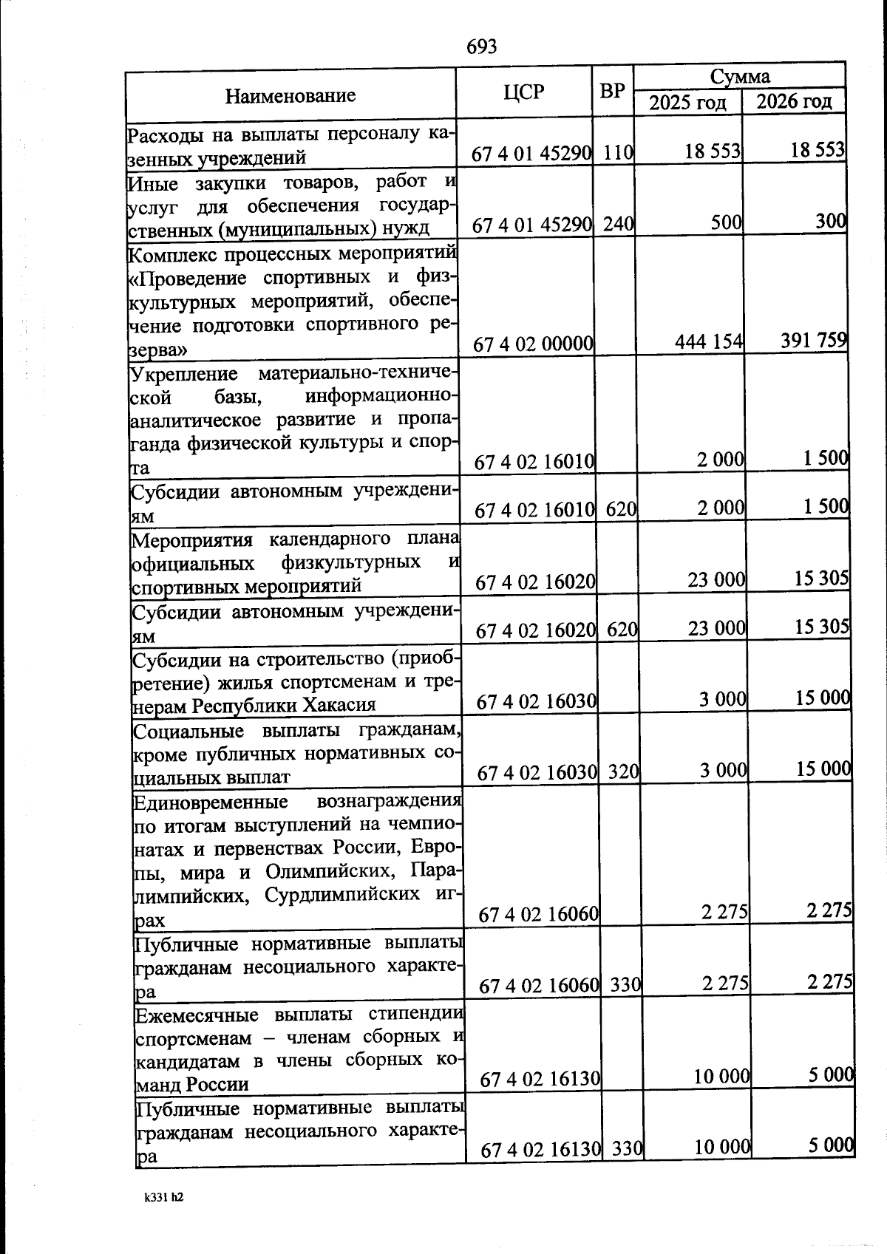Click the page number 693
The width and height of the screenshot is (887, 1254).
point(481,47)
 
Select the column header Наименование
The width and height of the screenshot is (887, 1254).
point(290,95)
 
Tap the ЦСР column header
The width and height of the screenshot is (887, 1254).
point(523,92)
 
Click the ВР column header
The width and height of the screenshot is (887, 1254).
point(612,91)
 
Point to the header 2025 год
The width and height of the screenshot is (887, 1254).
point(687,102)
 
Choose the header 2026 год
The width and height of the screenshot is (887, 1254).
point(794,100)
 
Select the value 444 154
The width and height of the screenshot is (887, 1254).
point(709,341)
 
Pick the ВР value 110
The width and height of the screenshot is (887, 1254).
point(618,153)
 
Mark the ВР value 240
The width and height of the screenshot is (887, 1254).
point(619,225)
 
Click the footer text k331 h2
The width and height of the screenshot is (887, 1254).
point(164,1197)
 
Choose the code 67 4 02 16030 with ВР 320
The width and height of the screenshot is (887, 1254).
point(537,773)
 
